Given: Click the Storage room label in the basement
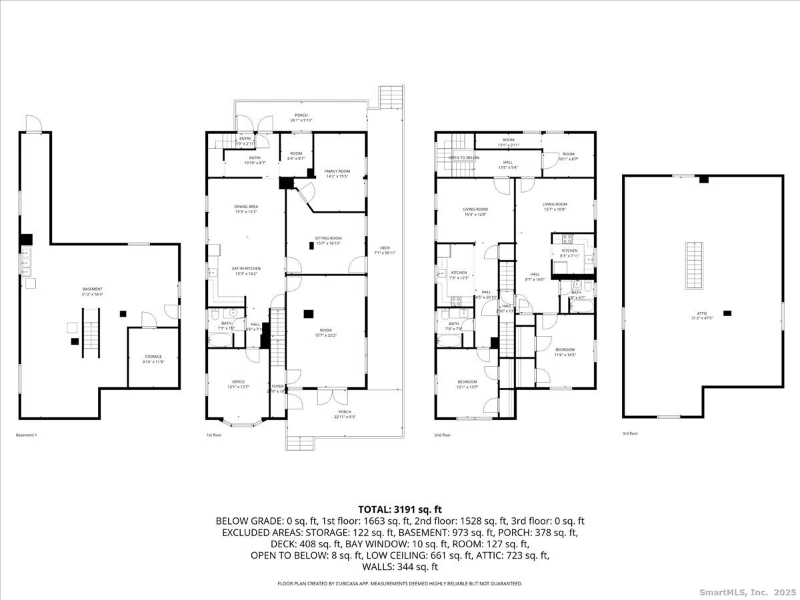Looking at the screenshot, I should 153,359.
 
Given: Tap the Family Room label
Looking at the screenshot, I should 337,174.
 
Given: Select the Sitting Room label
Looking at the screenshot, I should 328,241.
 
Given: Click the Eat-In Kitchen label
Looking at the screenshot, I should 246,271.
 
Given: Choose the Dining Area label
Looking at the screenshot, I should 246,209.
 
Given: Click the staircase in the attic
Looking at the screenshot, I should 694,265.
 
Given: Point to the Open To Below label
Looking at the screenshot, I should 464,158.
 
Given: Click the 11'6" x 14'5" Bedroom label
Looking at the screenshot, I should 565,352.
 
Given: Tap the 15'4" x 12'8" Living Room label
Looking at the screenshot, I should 475,211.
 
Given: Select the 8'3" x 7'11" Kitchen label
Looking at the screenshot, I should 569,253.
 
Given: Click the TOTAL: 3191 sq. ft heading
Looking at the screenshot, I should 399,508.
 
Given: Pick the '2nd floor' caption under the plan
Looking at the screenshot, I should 443,435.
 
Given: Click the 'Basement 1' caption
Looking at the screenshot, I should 27,435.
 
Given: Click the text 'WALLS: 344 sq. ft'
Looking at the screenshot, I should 399,567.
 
